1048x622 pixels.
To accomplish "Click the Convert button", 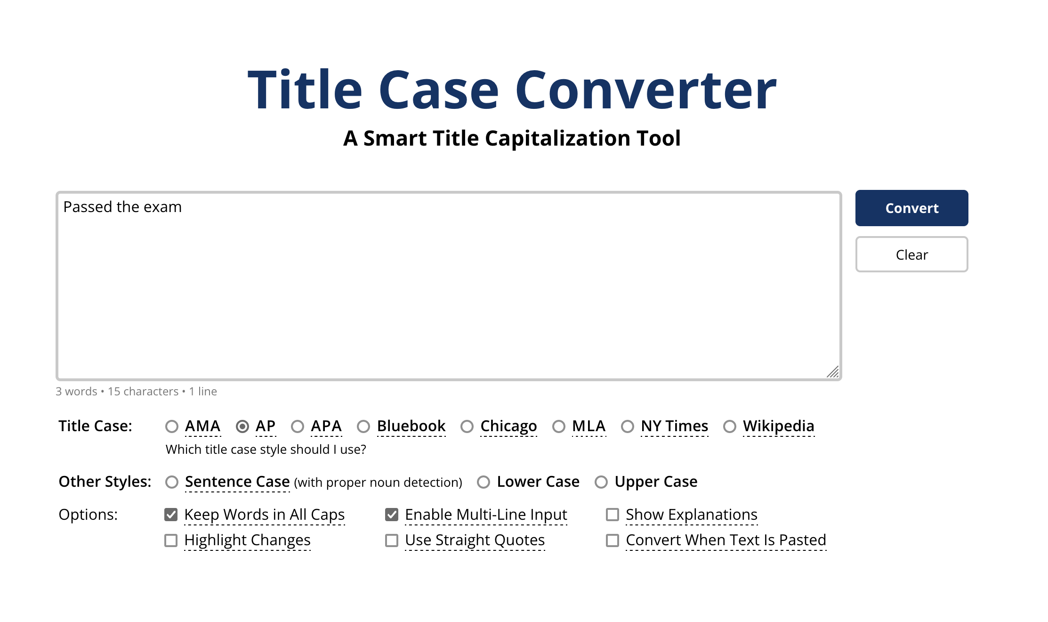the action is click(x=911, y=208).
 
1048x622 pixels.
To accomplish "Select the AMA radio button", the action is click(x=172, y=426).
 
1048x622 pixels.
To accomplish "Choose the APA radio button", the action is click(x=298, y=426).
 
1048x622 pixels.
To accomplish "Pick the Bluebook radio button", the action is click(x=363, y=426).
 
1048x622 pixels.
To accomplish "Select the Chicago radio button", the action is click(x=467, y=426).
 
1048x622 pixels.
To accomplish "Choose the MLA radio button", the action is click(x=559, y=426).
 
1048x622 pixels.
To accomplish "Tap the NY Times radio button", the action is click(x=628, y=426).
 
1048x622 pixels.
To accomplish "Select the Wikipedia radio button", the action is click(x=730, y=426).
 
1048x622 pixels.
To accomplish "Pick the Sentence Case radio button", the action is click(x=172, y=482).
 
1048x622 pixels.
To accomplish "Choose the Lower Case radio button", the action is click(x=484, y=482).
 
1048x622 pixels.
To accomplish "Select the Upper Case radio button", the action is click(x=601, y=482).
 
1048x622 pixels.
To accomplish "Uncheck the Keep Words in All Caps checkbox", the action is click(x=171, y=515).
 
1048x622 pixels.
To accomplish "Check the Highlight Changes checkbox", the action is click(x=171, y=540).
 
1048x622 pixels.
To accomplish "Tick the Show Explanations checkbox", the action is click(x=613, y=515).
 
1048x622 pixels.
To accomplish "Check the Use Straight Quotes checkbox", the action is click(x=392, y=540).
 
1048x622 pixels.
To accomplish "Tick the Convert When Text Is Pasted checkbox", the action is click(x=613, y=540).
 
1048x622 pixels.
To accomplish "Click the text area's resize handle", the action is click(x=833, y=372).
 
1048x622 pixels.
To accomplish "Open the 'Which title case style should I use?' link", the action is click(x=266, y=450).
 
